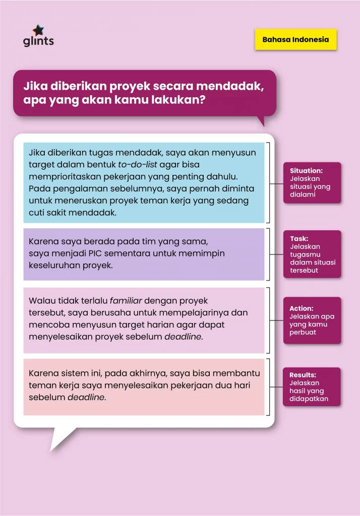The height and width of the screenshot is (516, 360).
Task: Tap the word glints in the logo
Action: (x=38, y=41)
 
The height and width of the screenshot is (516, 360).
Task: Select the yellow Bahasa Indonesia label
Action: (x=295, y=39)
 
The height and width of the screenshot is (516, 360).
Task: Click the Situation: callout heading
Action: (x=306, y=171)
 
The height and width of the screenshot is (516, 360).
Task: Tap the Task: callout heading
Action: (x=299, y=239)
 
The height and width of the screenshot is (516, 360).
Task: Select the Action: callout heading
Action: (x=302, y=308)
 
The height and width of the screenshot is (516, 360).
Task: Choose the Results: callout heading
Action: (x=303, y=375)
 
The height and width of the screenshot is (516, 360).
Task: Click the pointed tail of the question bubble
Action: (x=260, y=121)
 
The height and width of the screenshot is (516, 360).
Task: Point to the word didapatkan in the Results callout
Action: (x=309, y=399)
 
